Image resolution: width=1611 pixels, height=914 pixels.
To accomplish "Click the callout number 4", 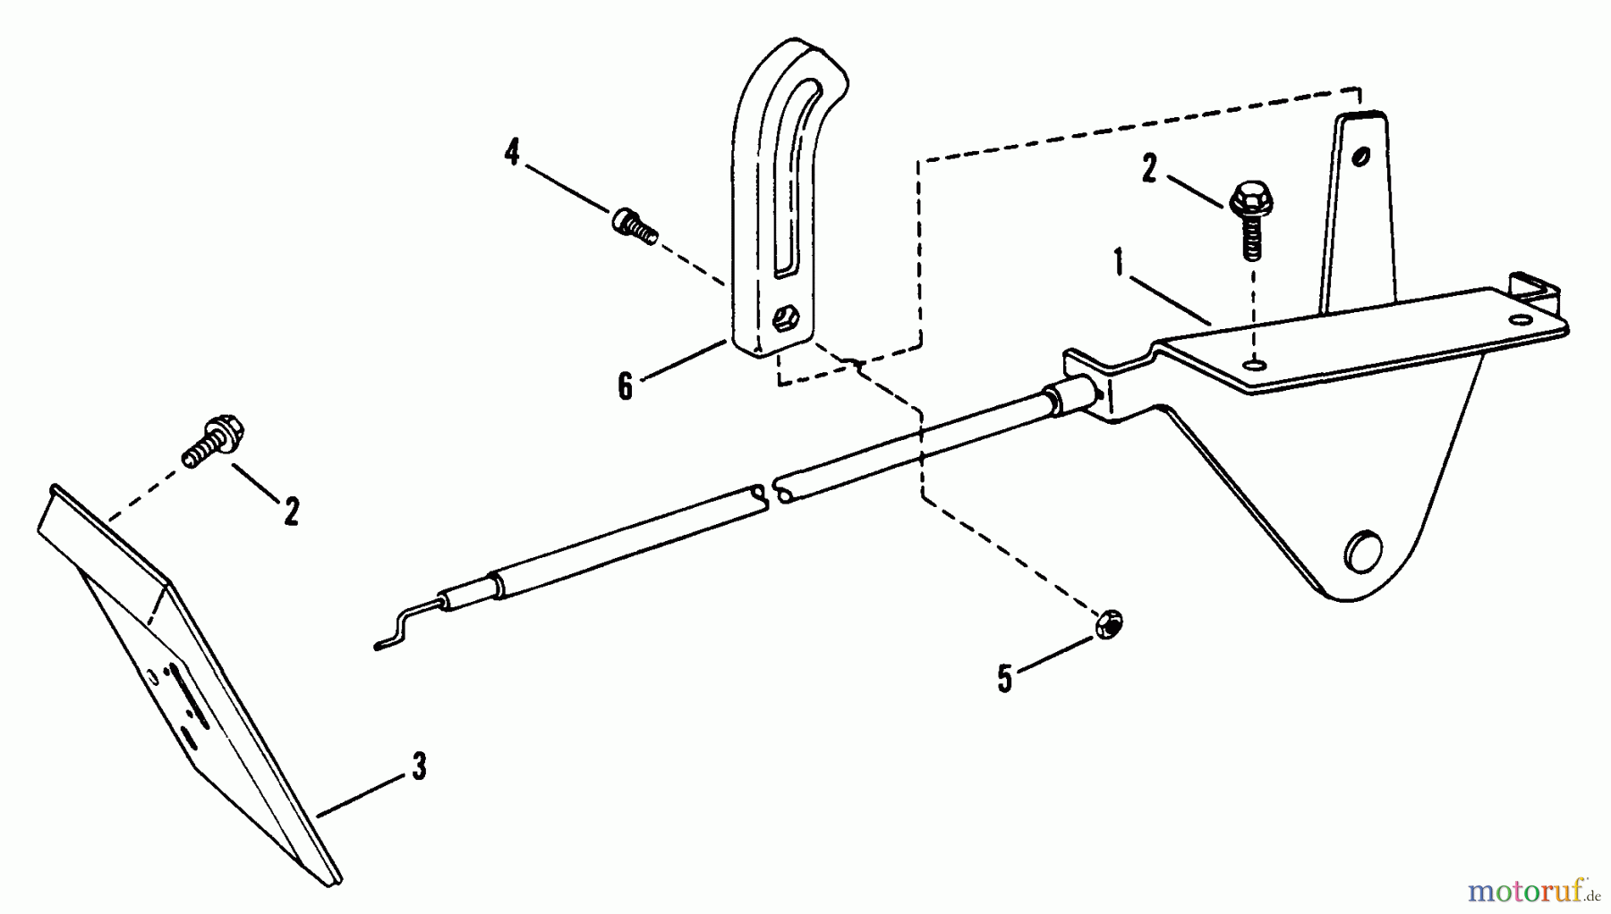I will [511, 153].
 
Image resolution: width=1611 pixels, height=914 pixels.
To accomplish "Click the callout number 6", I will [625, 386].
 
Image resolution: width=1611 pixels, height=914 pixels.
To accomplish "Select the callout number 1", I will [1118, 264].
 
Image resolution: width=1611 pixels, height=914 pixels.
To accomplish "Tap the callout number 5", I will [1004, 679].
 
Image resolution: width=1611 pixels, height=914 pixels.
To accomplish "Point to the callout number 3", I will [419, 766].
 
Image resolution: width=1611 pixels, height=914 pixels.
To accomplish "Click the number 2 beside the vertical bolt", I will [1150, 169].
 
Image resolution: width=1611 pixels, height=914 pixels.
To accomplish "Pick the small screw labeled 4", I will [635, 223].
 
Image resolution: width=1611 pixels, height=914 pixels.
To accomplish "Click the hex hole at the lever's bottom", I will [788, 318].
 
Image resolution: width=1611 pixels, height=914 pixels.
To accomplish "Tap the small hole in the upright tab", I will [1360, 158].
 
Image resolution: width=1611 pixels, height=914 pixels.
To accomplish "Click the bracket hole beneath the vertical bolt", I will [1257, 365].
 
